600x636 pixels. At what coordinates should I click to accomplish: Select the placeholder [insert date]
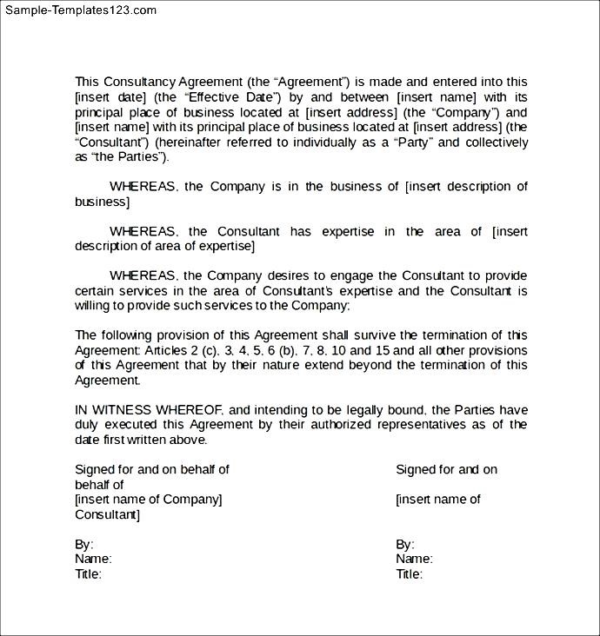pyautogui.click(x=110, y=97)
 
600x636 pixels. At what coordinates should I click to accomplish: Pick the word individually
pyautogui.click(x=333, y=142)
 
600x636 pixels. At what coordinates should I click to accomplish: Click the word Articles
pyautogui.click(x=167, y=350)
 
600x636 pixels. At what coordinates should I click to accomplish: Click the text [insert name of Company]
pyautogui.click(x=148, y=500)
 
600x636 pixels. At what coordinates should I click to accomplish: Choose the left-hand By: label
pyautogui.click(x=84, y=545)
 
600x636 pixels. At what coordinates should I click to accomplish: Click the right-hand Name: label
pyautogui.click(x=414, y=560)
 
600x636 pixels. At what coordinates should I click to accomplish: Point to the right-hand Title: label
pyautogui.click(x=409, y=574)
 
